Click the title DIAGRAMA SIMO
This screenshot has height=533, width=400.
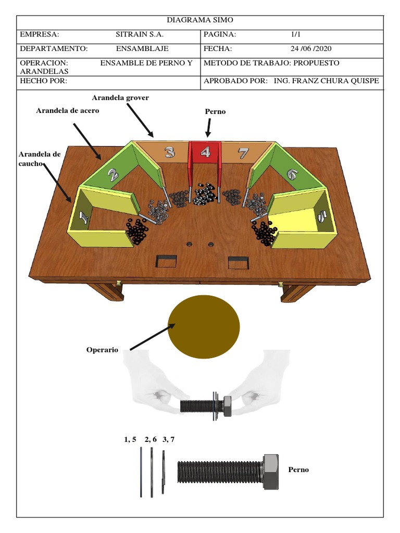click(200, 20)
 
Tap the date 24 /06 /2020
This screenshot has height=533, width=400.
click(311, 49)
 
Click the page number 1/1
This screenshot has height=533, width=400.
click(296, 35)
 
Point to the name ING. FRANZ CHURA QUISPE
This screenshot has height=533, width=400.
click(327, 81)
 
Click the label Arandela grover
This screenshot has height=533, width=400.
click(120, 98)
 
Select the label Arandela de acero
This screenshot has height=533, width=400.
click(67, 111)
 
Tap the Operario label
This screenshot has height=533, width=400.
click(102, 350)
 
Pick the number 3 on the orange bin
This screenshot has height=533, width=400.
click(169, 152)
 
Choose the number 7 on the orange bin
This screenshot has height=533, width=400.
click(243, 153)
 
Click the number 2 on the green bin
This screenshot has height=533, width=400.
click(113, 174)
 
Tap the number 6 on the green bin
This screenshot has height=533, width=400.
click(291, 175)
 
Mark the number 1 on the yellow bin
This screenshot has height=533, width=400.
click(82, 215)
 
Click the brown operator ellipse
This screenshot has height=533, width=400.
click(204, 326)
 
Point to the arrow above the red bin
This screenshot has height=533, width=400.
click(208, 128)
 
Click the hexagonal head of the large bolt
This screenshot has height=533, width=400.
click(271, 471)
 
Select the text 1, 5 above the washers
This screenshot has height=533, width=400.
click(130, 439)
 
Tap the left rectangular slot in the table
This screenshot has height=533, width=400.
click(166, 261)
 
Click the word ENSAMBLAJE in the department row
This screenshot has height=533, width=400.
click(142, 49)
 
